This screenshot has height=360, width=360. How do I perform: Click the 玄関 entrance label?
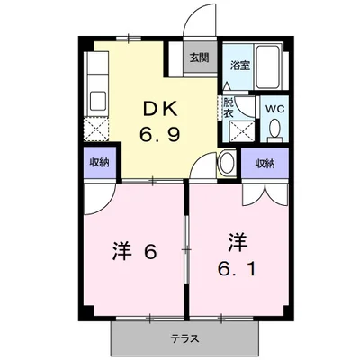pos(199,58)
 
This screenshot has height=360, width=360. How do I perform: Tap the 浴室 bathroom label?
pos(240,66)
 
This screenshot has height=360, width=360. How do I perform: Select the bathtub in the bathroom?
pos(268,67)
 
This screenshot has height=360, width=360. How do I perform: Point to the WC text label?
pos(275,110)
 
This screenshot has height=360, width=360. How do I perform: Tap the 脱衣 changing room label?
pos(229,107)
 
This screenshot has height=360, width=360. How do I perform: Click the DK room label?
pos(159,110)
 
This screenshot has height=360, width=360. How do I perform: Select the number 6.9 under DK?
pos(159,135)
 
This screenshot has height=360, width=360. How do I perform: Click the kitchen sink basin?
pos(98,101)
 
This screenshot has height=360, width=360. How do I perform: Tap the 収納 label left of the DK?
pos(100,163)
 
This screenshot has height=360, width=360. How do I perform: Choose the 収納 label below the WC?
pos(265,164)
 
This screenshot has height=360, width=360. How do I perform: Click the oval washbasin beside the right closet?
pos(228,162)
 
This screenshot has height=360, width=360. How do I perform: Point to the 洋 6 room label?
pos(134,251)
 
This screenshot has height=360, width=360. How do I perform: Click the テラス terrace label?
pos(185,339)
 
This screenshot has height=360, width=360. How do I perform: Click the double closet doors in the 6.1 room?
pos(265,195)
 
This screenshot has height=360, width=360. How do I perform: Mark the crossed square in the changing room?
pos(242,131)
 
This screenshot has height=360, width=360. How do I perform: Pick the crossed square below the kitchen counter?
pos(95,129)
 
